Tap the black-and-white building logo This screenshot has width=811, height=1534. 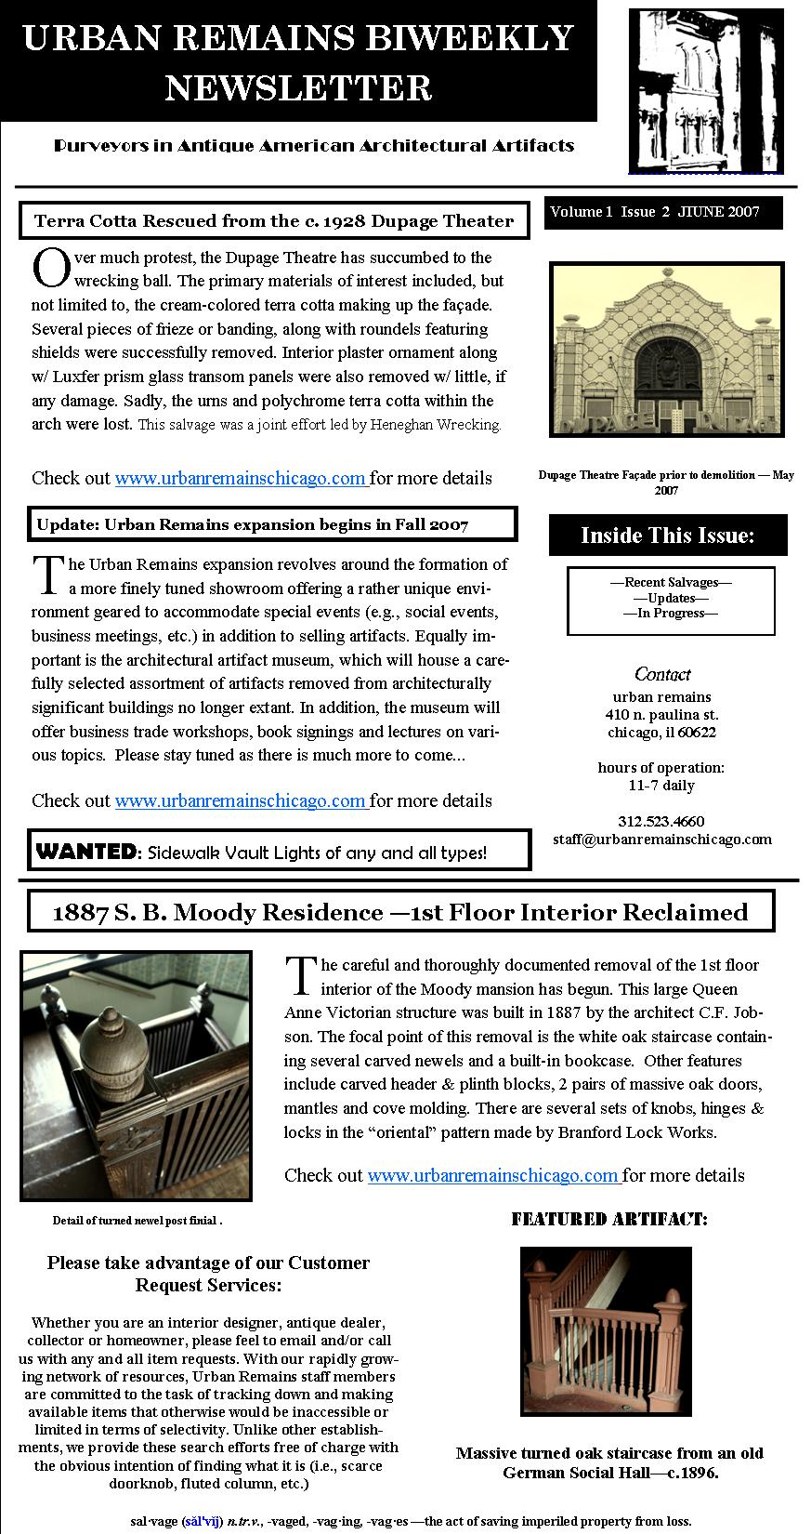705,90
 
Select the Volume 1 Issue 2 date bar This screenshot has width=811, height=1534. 662,212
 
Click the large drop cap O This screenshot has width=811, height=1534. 50,269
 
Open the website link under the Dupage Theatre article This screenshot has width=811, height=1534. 241,479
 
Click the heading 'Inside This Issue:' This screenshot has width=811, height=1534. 667,536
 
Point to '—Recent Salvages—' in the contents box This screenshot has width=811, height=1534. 671,583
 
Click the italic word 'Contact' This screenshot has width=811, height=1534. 662,675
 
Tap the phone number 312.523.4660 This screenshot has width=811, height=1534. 661,821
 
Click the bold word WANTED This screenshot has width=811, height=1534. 85,851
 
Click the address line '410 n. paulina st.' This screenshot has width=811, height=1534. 661,715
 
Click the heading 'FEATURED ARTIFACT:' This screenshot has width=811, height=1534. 608,1220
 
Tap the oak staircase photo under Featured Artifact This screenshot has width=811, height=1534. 606,1331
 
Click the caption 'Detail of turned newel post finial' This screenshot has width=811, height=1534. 137,1221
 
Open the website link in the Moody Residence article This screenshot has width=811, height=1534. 493,1175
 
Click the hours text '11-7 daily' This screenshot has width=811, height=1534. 661,786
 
